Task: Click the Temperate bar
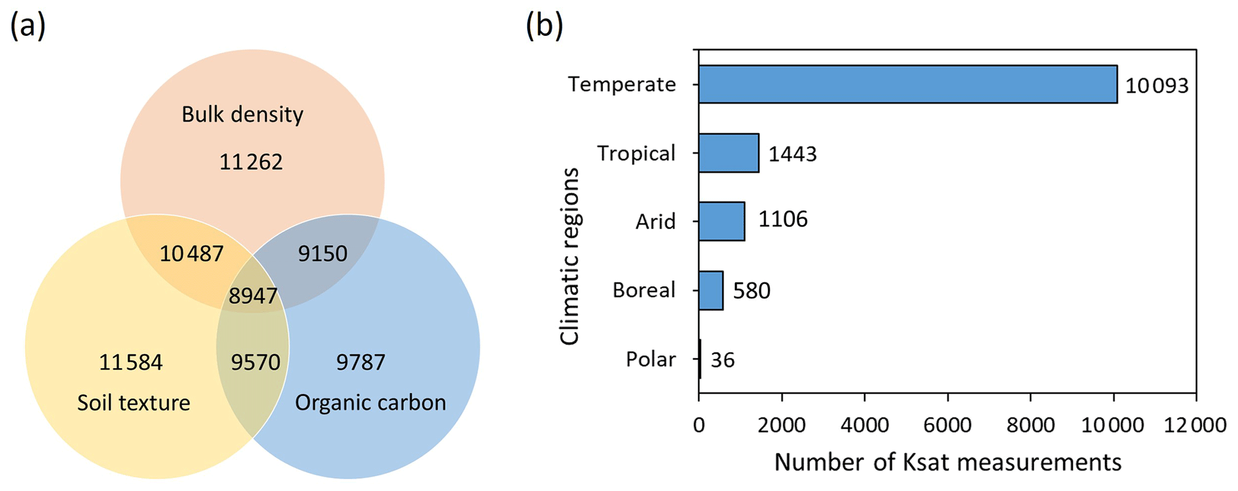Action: pos(907,84)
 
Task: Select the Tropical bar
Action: pos(728,153)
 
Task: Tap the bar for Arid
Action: pos(721,222)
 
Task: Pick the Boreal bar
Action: pos(710,290)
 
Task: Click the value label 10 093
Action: pos(1156,86)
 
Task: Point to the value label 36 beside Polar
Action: pos(722,360)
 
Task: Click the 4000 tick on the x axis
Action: pos(864,425)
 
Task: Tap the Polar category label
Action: pos(650,359)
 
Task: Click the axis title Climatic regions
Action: pos(570,256)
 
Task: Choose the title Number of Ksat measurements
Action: pos(948,462)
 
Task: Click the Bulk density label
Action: pos(243,114)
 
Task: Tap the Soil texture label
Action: pos(134,402)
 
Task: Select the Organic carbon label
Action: pos(370,402)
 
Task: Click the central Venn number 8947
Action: pos(253,296)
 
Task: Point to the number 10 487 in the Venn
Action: pos(191,254)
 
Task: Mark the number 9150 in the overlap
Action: pos(323,254)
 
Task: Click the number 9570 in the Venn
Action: pos(256,362)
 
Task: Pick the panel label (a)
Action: pos(28,27)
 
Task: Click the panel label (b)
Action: pos(544,27)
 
